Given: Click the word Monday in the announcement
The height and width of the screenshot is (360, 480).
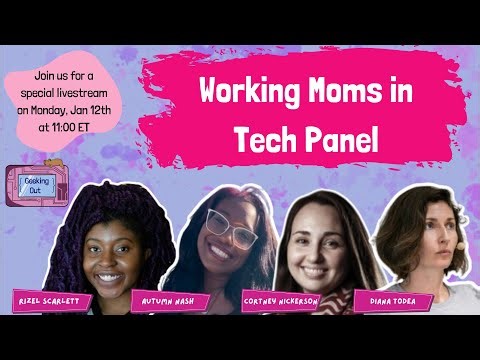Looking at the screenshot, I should (x=69, y=113).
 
